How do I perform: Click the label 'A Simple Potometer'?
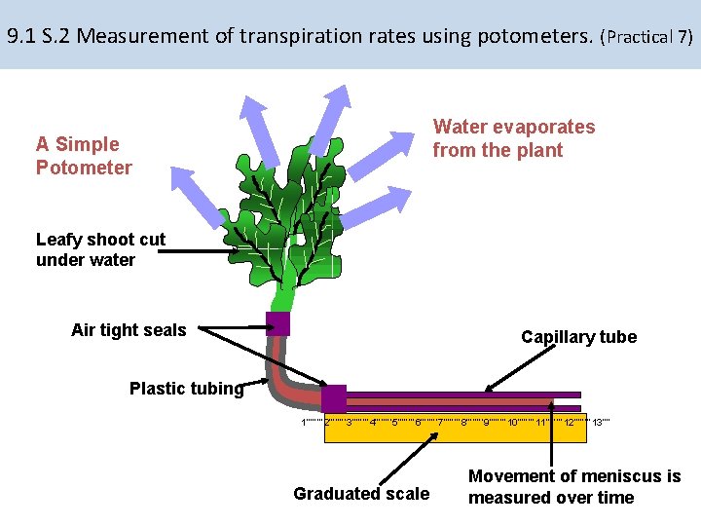84,156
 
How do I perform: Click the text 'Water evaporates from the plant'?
513,138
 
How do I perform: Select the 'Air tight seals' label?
129,330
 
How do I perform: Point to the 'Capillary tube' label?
578,337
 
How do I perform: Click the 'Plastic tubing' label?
186,389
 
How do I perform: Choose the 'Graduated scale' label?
361,494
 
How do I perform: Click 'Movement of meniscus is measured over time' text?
573,487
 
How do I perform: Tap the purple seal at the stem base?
278,323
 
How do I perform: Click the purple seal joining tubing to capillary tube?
334,398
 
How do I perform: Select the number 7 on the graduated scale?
440,422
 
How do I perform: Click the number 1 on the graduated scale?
304,422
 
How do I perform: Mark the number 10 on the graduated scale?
512,422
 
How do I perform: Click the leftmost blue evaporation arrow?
196,196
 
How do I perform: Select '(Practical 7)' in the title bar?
647,37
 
